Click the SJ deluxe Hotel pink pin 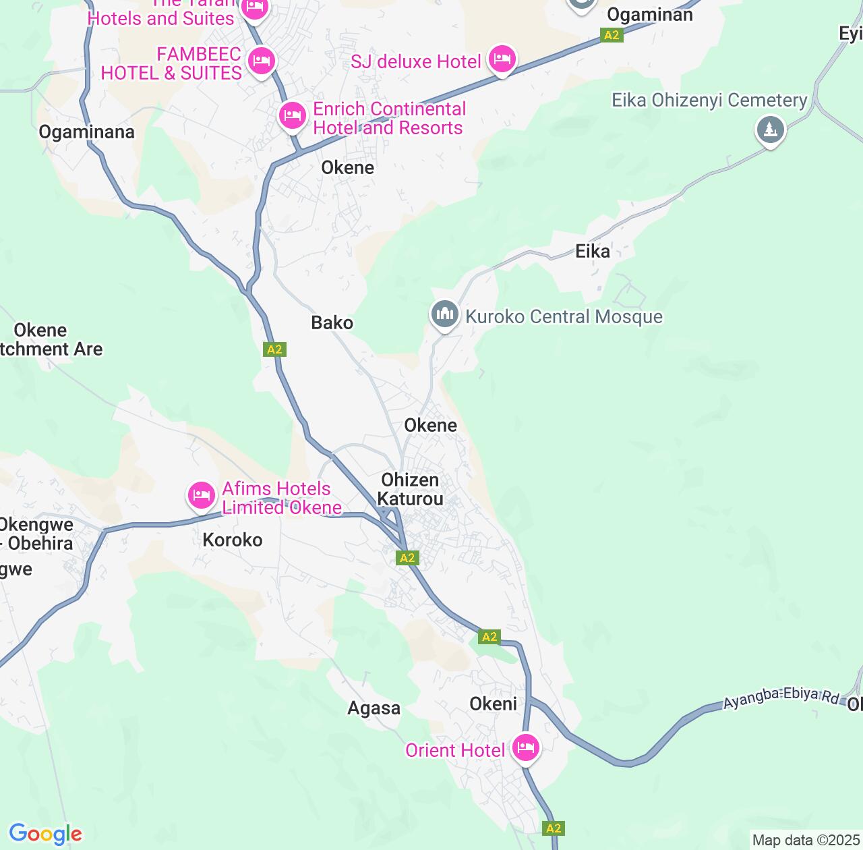(502, 60)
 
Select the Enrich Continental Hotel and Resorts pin (292, 116)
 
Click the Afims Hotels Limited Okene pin (201, 496)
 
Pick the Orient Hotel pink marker (525, 747)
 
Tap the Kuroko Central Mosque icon (444, 314)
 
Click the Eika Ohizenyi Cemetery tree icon (770, 129)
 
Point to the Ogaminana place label (86, 132)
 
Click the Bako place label (332, 323)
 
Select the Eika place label (593, 252)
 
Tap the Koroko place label (233, 540)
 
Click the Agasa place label (374, 708)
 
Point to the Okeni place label (493, 704)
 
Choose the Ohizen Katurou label (410, 490)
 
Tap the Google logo (45, 834)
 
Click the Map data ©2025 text (806, 841)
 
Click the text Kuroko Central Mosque (564, 317)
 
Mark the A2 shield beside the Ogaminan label (612, 36)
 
